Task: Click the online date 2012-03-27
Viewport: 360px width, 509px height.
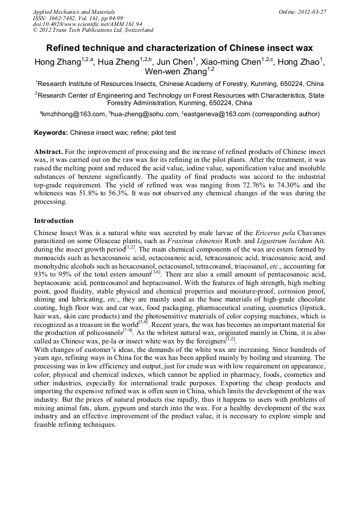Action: tap(309, 12)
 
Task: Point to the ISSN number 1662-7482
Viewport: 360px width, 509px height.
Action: tap(63, 18)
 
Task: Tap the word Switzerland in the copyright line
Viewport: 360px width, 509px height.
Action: tap(136, 30)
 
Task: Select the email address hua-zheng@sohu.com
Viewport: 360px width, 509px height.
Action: tap(144, 114)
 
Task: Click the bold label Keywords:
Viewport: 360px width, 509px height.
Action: tap(51, 133)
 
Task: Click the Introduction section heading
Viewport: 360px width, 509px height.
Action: tap(54, 220)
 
